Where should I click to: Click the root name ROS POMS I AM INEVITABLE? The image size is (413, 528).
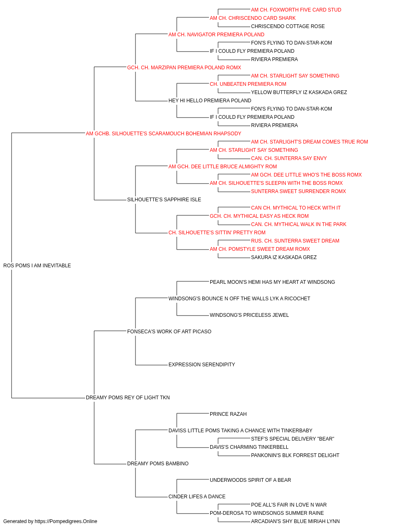point(37,266)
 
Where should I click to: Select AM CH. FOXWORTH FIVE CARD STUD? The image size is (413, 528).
point(296,10)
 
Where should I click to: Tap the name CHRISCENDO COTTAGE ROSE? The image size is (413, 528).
point(288,26)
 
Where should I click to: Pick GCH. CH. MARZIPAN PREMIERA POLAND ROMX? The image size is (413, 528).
point(184,68)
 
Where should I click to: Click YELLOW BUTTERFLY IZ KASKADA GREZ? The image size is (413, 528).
point(299,92)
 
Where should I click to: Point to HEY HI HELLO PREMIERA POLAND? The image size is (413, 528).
point(210,101)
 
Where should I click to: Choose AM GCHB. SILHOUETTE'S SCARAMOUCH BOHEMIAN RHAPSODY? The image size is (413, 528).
point(164,134)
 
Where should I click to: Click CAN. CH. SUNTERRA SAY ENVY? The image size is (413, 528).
point(289,158)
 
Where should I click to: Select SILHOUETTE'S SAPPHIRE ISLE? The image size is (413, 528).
point(164,200)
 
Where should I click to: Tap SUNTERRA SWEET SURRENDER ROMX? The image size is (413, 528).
point(299,191)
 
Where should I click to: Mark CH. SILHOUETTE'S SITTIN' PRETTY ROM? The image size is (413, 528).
point(217,233)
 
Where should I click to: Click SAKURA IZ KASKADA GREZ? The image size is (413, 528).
point(284,257)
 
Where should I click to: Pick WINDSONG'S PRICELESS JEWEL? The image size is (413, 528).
point(249,315)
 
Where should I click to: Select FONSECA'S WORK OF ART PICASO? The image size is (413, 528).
point(169,332)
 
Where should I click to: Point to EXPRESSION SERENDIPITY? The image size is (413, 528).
point(202,365)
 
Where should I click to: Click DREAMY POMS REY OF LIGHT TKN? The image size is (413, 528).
point(128,398)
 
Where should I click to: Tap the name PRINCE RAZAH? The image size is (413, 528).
point(228,414)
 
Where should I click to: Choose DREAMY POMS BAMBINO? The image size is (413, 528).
point(158,464)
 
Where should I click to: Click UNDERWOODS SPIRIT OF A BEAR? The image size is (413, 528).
point(250,480)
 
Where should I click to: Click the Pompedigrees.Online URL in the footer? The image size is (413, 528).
point(66,521)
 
